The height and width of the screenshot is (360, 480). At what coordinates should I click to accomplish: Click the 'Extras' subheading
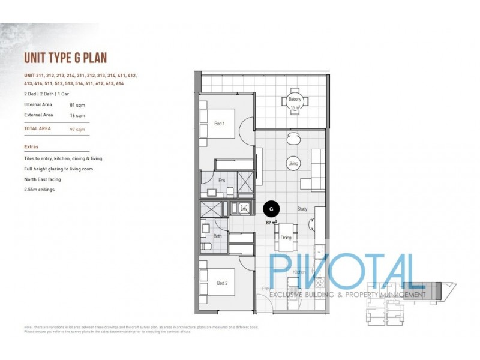[x=32, y=146]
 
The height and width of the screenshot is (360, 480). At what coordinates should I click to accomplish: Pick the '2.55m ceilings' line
[x=40, y=190]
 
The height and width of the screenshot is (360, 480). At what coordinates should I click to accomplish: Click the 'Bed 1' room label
[x=220, y=124]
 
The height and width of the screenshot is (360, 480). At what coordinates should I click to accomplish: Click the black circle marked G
[x=272, y=209]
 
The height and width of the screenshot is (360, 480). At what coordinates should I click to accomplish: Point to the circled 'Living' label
[x=293, y=163]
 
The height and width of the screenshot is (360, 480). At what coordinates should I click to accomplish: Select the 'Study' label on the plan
[x=303, y=209]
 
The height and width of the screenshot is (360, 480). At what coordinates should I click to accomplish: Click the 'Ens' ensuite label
[x=221, y=181]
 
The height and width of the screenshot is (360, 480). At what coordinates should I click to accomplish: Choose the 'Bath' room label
[x=217, y=236]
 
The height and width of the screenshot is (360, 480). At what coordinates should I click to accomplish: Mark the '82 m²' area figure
[x=271, y=222]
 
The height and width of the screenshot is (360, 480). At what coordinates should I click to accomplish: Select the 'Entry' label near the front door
[x=267, y=289]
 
